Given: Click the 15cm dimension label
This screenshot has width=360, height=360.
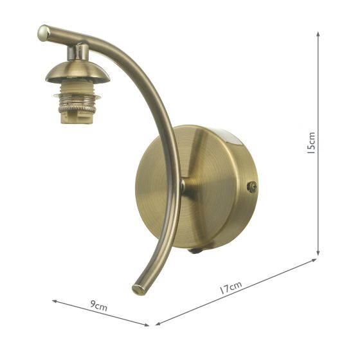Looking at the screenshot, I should (x=311, y=144).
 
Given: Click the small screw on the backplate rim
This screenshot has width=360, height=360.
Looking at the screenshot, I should (x=252, y=187).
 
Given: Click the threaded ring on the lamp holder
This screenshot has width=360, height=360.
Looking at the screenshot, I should (x=75, y=100).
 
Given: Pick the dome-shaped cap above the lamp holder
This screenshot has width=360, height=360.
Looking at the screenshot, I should (x=77, y=72).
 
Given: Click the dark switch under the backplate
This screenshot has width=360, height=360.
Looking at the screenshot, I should (x=193, y=251).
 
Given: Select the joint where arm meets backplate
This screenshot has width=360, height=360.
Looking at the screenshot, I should (x=183, y=186).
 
